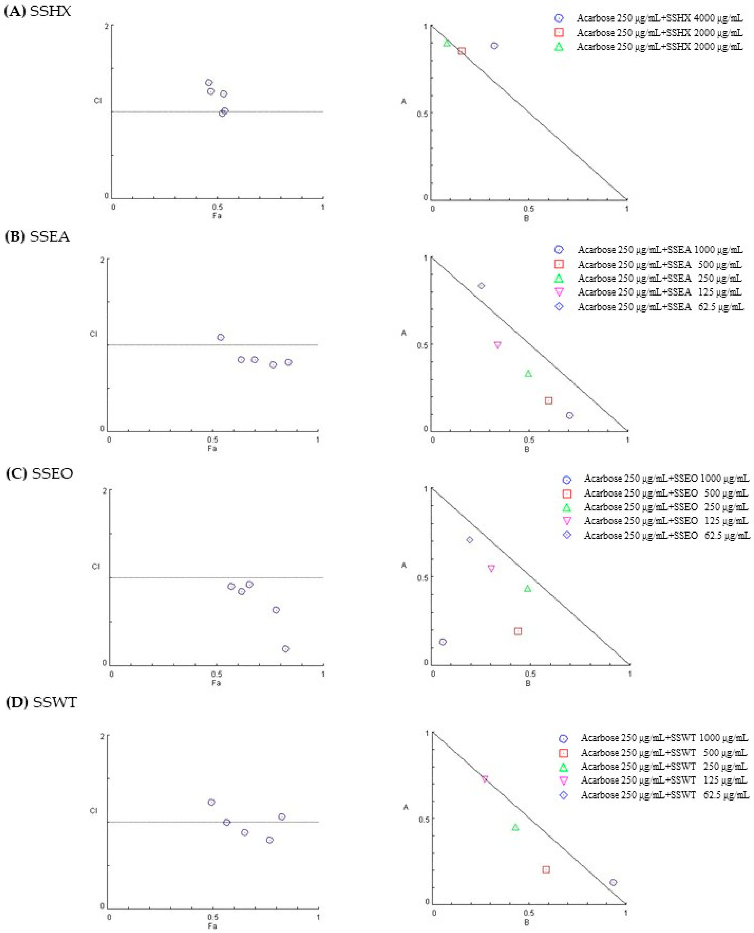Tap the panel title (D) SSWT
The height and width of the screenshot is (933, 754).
[x=41, y=702]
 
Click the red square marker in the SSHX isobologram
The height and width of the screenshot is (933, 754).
[x=462, y=51]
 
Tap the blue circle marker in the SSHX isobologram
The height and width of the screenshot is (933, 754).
[x=494, y=46]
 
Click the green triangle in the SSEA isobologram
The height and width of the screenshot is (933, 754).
[x=528, y=373]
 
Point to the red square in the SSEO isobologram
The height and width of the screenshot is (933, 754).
[x=518, y=631]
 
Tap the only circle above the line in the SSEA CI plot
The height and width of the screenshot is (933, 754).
[x=221, y=337]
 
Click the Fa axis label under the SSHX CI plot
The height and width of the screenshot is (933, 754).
[x=217, y=215]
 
